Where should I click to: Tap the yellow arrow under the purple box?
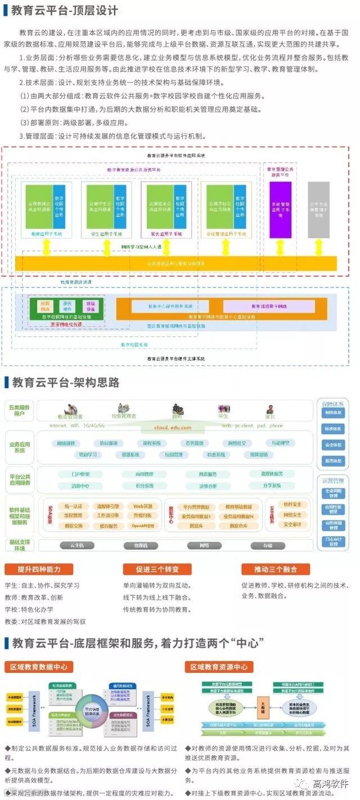click(281, 246)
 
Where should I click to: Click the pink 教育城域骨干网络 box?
click(269, 306)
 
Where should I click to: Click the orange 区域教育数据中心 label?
click(39, 667)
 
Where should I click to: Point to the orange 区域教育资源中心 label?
click(219, 667)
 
